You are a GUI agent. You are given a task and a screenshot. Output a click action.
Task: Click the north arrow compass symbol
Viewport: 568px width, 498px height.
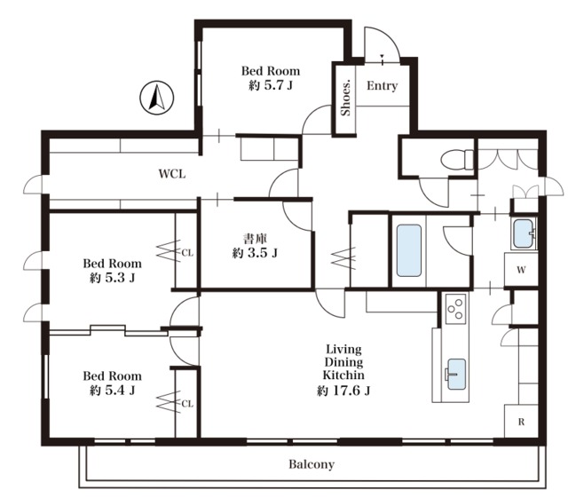click(157, 98)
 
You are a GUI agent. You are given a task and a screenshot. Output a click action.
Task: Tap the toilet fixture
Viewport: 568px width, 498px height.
click(457, 160)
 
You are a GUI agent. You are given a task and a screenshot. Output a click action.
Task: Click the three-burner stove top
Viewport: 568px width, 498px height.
click(455, 308)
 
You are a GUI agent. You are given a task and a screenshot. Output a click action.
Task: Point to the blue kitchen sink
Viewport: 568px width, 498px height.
click(456, 375)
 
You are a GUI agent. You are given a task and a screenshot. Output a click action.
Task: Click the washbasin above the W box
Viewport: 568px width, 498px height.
click(524, 233)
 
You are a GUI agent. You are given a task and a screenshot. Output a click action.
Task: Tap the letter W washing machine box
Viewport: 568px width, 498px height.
click(521, 270)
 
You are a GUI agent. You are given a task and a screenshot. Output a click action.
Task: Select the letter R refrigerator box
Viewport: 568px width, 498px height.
click(521, 422)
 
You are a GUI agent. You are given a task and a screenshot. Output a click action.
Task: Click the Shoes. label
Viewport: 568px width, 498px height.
click(346, 97)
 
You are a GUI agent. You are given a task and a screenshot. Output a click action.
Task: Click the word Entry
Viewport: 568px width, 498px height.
click(383, 85)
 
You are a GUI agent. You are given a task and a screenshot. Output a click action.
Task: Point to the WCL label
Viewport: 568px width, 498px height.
click(172, 174)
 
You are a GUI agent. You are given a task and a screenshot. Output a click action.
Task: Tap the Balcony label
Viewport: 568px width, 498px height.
click(312, 464)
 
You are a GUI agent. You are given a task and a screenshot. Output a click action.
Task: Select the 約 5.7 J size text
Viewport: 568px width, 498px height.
click(271, 85)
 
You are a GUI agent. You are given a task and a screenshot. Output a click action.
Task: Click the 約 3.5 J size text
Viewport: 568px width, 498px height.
click(255, 252)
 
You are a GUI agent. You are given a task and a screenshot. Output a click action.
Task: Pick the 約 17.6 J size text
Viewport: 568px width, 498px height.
click(343, 391)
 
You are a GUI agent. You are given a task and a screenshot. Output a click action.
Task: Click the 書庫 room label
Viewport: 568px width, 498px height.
click(255, 239)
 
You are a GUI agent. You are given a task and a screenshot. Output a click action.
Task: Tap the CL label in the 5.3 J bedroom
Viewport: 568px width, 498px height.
click(187, 253)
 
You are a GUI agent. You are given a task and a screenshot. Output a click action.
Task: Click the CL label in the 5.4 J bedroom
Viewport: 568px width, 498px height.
click(187, 403)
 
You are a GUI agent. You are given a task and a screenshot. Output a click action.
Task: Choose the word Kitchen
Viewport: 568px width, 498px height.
click(343, 375)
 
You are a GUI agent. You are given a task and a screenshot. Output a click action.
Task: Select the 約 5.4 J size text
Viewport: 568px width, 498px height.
click(113, 390)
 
